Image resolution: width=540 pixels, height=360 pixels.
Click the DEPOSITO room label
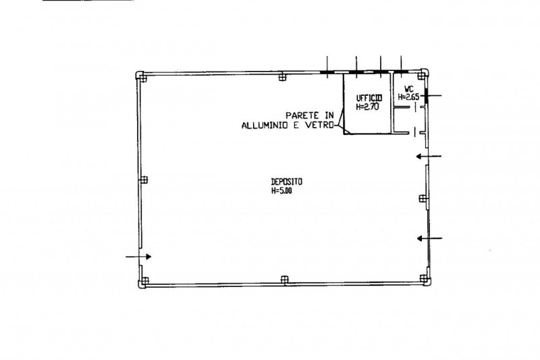coord(286,182)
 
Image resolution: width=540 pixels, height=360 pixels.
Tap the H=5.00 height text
coord(281,191)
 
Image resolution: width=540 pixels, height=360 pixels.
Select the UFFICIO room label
coord(369,99)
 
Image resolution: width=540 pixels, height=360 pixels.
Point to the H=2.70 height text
coord(367,107)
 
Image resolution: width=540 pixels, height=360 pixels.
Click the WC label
coord(409,89)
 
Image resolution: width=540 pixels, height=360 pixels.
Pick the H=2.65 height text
coord(408,97)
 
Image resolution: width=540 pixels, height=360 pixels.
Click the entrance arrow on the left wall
coord(138,257)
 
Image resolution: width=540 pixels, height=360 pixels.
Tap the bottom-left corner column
coord(143,282)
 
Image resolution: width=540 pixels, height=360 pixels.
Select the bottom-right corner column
coord(425,279)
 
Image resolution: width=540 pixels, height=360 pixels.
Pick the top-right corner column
coord(423,74)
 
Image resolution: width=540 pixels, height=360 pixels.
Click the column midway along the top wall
coord(282,77)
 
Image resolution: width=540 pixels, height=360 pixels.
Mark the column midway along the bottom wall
coord(284,280)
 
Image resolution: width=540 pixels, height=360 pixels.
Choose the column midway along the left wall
coord(144,180)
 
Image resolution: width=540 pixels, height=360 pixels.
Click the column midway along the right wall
coord(423,199)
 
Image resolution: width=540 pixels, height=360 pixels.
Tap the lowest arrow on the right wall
coord(430,238)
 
